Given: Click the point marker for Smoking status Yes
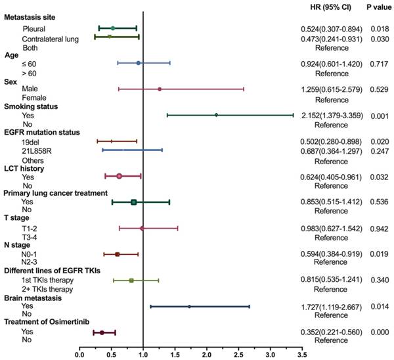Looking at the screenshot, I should pyautogui.click(x=216, y=115).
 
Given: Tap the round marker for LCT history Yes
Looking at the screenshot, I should pyautogui.click(x=119, y=176).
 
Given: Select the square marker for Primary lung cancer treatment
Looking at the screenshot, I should pyautogui.click(x=133, y=202).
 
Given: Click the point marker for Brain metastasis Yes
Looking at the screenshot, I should pyautogui.click(x=189, y=306).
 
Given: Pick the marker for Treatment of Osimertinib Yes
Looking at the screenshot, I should pyautogui.click(x=102, y=332).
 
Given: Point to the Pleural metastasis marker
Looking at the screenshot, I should pyautogui.click(x=112, y=28).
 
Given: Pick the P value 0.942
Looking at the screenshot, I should pyautogui.click(x=376, y=228).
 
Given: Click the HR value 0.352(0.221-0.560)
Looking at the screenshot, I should pyautogui.click(x=326, y=332).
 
